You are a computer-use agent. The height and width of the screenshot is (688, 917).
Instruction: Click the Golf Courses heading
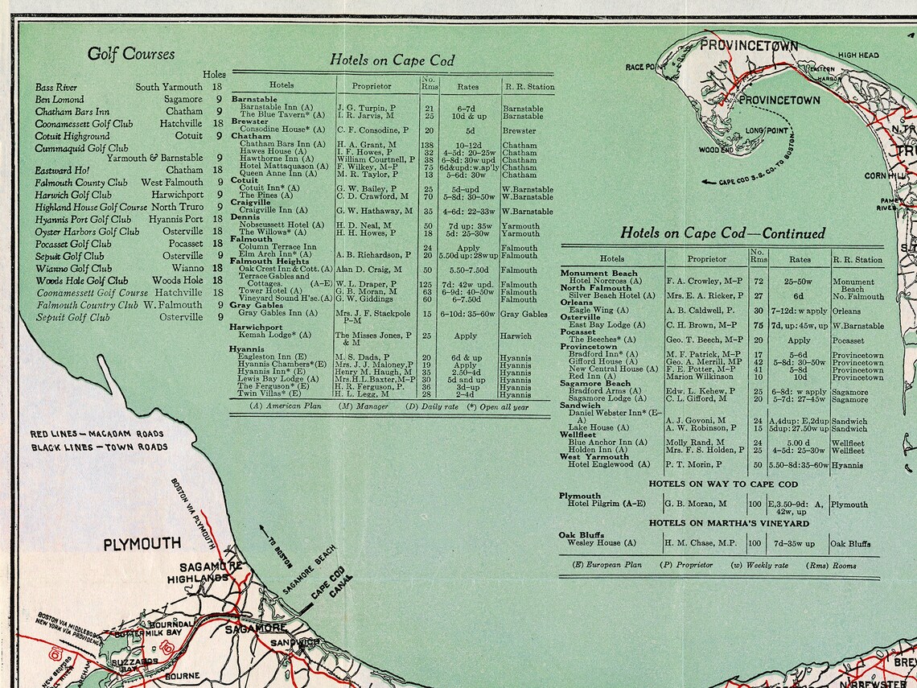(130, 55)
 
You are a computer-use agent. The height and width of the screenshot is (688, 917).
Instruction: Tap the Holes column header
(214, 75)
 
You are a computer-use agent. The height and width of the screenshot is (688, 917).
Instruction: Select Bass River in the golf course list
(56, 87)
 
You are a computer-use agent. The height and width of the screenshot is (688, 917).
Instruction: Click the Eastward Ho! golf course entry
(63, 171)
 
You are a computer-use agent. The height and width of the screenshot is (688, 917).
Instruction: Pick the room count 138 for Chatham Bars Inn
(428, 145)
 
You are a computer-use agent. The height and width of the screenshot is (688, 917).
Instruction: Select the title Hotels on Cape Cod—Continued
(722, 233)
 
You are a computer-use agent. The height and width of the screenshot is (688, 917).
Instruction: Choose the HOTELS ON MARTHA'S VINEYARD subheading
(718, 523)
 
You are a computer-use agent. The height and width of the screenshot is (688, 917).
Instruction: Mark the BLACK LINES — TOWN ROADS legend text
(99, 447)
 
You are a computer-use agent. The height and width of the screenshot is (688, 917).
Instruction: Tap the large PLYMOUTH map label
(142, 544)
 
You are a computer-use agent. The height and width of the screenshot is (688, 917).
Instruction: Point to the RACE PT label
(641, 67)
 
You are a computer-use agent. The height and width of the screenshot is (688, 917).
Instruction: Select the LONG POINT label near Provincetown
(765, 130)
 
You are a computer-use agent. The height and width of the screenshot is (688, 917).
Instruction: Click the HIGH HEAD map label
(858, 56)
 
